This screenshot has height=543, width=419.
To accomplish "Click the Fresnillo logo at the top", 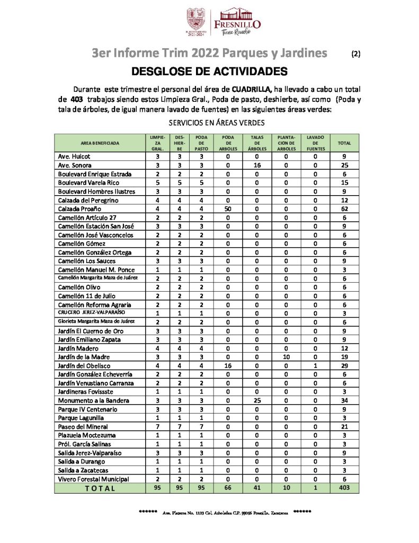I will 237,22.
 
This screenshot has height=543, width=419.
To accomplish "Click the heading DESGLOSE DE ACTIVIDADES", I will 209,71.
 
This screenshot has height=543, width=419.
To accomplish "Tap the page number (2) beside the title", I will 356,54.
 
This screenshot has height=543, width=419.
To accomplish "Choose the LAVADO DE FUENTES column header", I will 315,143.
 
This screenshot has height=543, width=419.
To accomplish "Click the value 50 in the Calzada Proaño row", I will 229,209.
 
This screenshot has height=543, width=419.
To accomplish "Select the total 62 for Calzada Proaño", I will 344,209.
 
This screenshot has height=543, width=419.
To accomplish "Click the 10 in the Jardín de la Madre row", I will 287,357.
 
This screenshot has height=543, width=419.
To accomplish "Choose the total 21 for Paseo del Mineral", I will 344,426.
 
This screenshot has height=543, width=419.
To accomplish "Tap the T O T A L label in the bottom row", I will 100,488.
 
